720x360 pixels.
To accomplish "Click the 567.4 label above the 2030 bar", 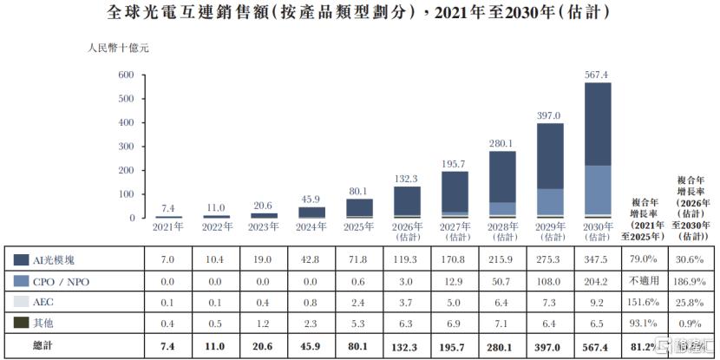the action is point(598,75).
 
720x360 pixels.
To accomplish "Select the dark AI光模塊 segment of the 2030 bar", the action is point(598,124).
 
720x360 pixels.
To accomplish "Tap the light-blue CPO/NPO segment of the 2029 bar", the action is point(550,202).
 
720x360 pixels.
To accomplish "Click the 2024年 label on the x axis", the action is point(311,226).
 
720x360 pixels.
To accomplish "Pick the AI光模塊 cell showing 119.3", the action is point(407,260).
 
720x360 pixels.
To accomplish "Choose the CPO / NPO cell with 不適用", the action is point(645,280).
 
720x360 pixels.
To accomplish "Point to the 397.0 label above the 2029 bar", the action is point(550,115).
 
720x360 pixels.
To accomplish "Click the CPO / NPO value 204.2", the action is point(598,281).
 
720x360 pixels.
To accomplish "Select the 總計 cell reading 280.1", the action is point(502,345).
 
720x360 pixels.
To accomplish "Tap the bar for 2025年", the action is point(359,208).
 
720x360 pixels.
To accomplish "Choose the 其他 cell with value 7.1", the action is point(502,324).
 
